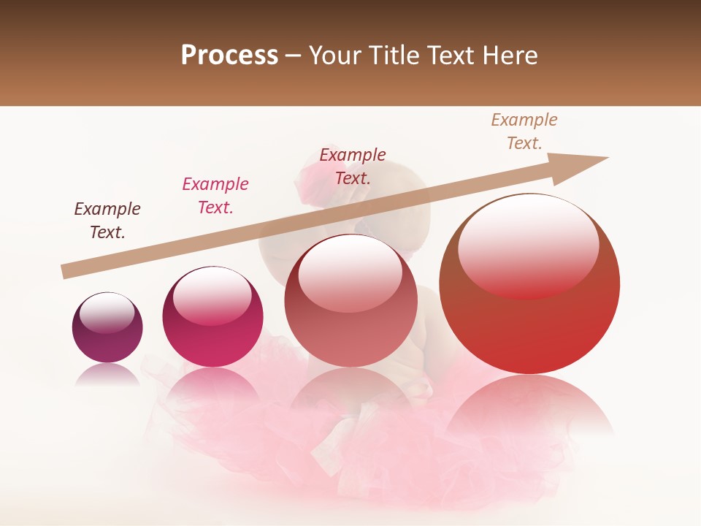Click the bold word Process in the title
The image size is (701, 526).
pos(229,56)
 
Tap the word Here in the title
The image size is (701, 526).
pos(510,56)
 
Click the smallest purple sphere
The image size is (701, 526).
pos(107,327)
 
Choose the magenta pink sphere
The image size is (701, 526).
pos(212,316)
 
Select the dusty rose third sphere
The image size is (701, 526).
pos(350,300)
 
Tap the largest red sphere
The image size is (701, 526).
pos(529,284)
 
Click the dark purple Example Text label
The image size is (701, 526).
pos(107,221)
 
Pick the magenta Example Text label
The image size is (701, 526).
pos(215,196)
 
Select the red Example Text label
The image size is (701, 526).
pos(353,166)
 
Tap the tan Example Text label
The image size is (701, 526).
pos(524,131)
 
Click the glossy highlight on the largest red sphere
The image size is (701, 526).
pos(528,247)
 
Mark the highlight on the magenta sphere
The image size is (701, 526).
pos(212,296)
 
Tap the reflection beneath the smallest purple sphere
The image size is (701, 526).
pos(107,374)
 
